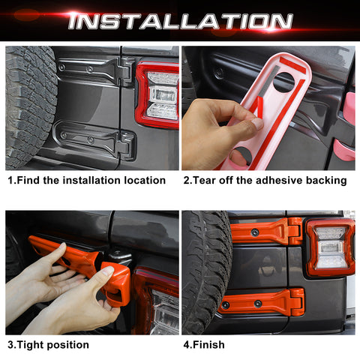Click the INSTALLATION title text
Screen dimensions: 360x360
[180, 21]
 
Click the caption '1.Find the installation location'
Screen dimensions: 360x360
[86, 180]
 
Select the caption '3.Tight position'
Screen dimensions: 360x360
[48, 344]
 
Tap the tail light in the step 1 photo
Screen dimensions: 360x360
[159, 94]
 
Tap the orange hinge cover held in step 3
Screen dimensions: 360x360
[82, 266]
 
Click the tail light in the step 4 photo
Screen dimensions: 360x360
[330, 247]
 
